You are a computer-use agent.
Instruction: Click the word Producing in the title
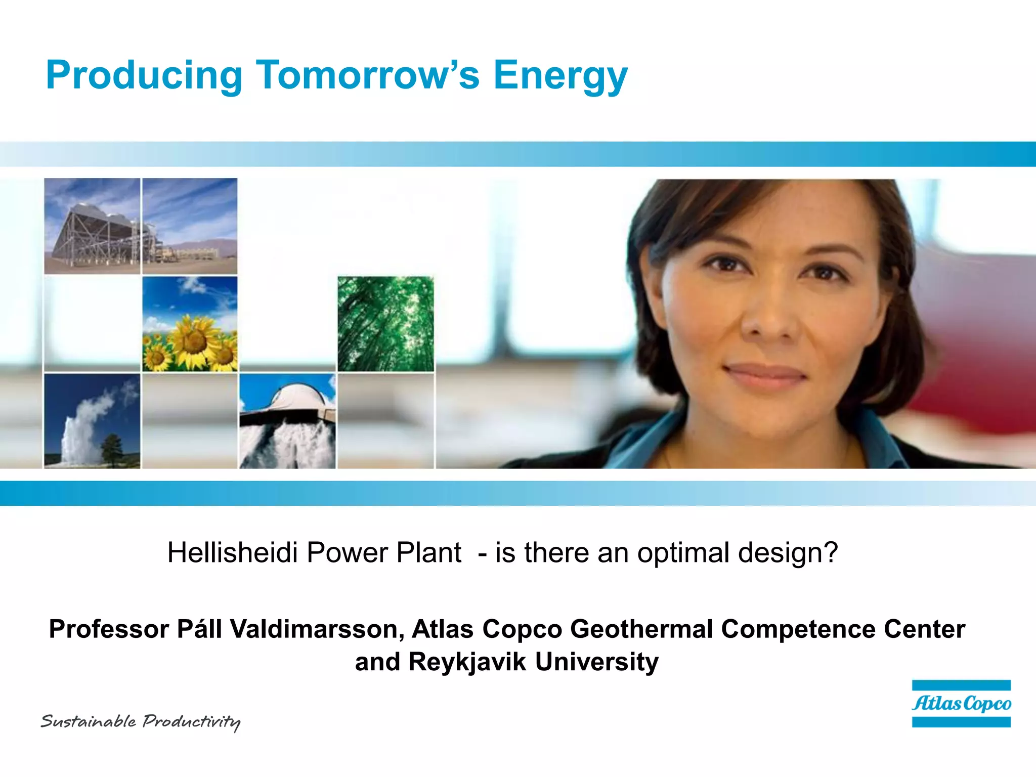(144, 76)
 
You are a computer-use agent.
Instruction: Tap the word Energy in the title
(560, 76)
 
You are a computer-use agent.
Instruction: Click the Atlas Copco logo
(961, 704)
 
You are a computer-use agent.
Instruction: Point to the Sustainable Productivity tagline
(141, 721)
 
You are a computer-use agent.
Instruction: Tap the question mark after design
(831, 552)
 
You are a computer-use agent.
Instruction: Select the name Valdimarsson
(317, 629)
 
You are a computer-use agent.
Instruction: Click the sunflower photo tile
(190, 324)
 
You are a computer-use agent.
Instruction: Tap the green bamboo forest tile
(385, 324)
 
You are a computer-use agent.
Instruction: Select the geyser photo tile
(92, 421)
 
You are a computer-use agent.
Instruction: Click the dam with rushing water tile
(287, 421)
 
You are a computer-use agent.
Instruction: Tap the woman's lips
(765, 374)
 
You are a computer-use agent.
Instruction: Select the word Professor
(109, 629)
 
